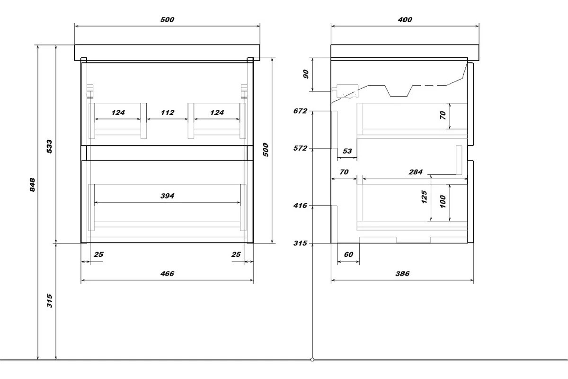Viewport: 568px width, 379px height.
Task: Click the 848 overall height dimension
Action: coord(32,185)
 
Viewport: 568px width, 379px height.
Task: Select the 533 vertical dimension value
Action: coord(50,146)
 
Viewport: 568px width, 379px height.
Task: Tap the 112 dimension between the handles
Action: coord(167,113)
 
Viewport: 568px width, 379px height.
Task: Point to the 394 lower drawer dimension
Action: coord(167,196)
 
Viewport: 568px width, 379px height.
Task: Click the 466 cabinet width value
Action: coord(167,274)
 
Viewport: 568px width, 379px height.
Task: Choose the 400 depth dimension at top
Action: coord(405,19)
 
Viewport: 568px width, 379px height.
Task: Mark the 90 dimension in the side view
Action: coord(306,75)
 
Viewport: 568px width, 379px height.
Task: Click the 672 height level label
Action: coord(301,111)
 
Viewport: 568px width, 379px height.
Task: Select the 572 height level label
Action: coord(301,148)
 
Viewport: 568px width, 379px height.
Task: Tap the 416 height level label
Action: coord(301,206)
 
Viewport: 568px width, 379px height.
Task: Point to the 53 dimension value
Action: coord(347,151)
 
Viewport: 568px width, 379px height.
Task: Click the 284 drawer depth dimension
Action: coord(415,172)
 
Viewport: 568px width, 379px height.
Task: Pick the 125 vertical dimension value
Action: coord(424,197)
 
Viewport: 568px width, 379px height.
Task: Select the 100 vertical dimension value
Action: coord(443,202)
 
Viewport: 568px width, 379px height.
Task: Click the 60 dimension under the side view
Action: coord(348,254)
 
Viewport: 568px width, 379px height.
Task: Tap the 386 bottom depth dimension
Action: coord(402,274)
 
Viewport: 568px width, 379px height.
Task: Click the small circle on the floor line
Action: coord(312,360)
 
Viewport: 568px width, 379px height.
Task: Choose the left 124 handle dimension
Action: coord(118,113)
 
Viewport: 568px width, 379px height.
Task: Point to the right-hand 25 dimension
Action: coord(236,254)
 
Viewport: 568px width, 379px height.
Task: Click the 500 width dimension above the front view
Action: coord(167,19)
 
